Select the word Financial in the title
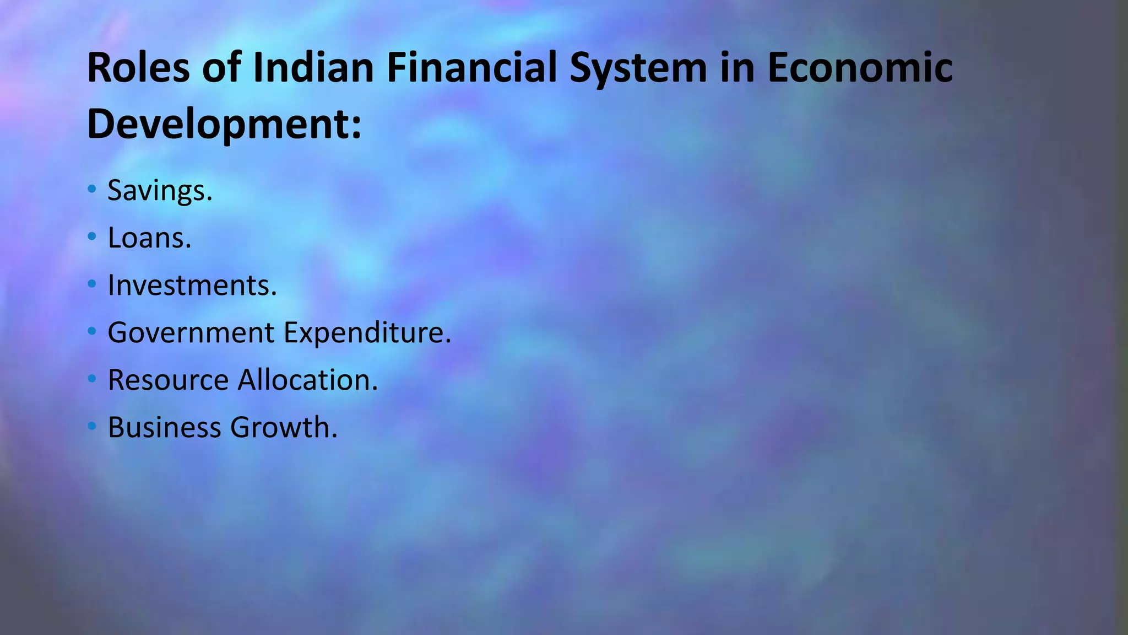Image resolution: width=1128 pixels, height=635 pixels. pyautogui.click(x=471, y=68)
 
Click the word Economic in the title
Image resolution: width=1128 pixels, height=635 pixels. pyautogui.click(x=860, y=68)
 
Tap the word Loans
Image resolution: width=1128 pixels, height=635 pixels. pyautogui.click(x=149, y=238)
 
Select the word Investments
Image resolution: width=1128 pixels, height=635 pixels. pyautogui.click(x=192, y=286)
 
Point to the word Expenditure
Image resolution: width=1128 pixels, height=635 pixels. pyautogui.click(x=367, y=333)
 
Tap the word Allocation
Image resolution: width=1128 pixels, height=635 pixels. pyautogui.click(x=308, y=380)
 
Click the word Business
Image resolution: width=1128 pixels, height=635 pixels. pyautogui.click(x=164, y=428)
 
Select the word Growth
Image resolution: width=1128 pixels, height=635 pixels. pyautogui.click(x=284, y=428)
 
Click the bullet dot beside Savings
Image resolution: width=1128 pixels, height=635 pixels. pyautogui.click(x=92, y=190)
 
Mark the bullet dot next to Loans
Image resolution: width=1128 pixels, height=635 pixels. pyautogui.click(x=92, y=237)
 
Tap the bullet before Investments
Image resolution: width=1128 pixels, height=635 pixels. pyautogui.click(x=92, y=284)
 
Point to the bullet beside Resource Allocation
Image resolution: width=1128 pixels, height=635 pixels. pyautogui.click(x=92, y=379)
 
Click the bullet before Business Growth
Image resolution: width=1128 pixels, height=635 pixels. pyautogui.click(x=92, y=426)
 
